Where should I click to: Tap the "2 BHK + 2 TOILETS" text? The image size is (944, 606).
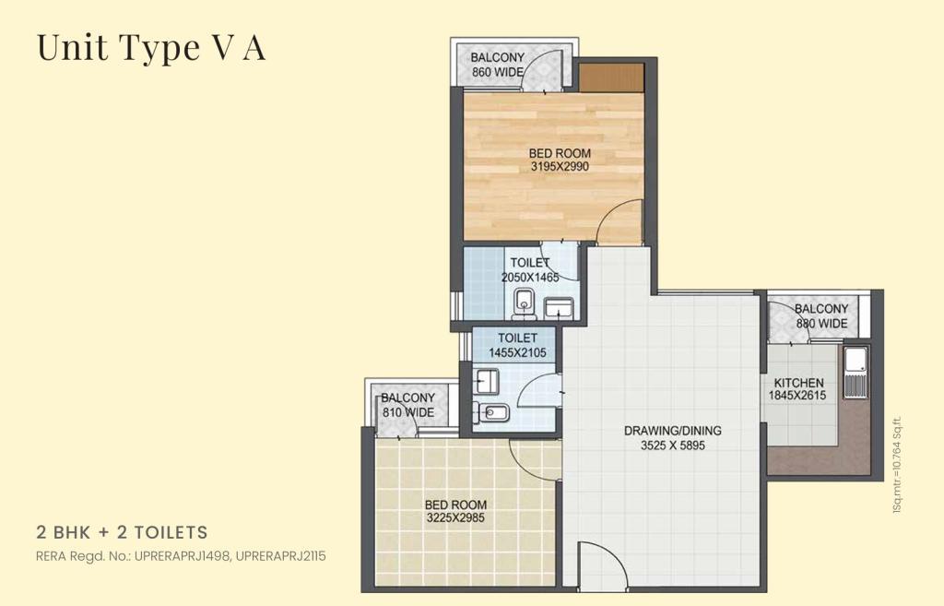pos(122,532)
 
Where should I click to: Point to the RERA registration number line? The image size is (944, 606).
pos(181,556)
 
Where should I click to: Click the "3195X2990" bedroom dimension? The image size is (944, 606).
pos(560,167)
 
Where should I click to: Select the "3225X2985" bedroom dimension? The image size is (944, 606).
pos(455,518)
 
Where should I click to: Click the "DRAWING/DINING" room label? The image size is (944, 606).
pos(672,431)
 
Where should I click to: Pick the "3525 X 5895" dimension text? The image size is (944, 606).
pos(672,446)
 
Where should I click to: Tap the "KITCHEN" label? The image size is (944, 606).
pos(799,383)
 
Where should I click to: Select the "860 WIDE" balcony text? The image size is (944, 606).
pos(497,72)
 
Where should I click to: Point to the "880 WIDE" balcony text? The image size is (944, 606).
pos(821,324)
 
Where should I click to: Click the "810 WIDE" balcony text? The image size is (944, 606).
pos(408,412)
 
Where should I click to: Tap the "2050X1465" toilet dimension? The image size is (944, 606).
pos(530,277)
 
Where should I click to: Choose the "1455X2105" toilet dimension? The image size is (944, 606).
pos(517,353)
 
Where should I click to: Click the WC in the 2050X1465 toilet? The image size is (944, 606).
pos(523,303)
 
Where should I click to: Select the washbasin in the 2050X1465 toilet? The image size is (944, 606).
pos(560,308)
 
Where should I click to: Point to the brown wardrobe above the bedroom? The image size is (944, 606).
pos(612,77)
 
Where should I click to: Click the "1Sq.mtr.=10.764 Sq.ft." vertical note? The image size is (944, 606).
pos(897,465)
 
